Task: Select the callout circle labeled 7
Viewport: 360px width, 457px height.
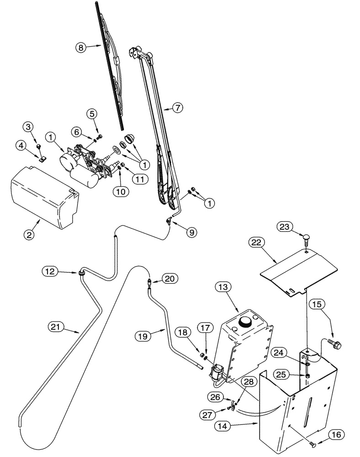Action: [x=178, y=108]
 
